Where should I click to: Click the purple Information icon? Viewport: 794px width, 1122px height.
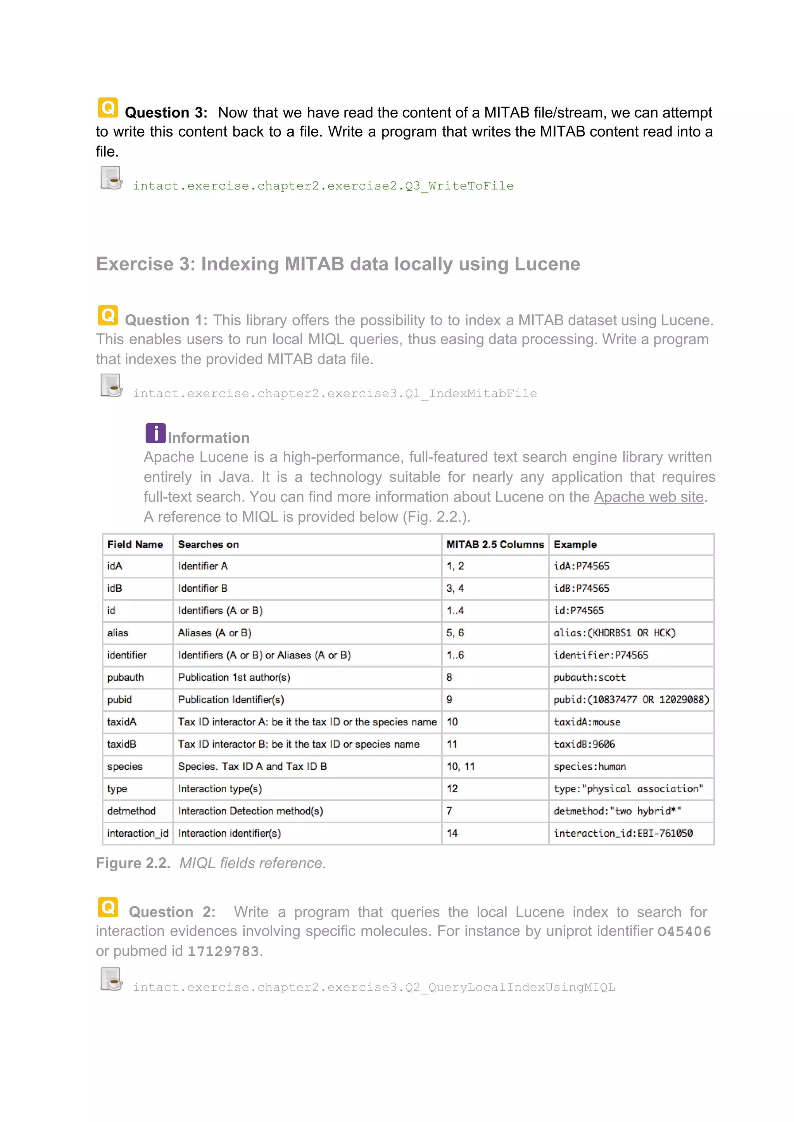tap(155, 433)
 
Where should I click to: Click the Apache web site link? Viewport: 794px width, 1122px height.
tap(648, 497)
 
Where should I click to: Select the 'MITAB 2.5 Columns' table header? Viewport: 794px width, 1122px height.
tap(495, 545)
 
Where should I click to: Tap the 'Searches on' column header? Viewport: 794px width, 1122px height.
tap(208, 545)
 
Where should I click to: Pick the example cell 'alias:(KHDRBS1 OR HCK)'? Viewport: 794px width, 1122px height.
tap(614, 633)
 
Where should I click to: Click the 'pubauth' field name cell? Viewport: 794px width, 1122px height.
tap(126, 677)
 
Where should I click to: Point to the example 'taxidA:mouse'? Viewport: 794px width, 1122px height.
tap(587, 722)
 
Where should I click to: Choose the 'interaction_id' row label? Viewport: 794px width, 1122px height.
tap(137, 833)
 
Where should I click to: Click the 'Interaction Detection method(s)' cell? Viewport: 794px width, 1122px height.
tap(250, 811)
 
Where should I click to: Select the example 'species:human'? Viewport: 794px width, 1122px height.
tap(590, 766)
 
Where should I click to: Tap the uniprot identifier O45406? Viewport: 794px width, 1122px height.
tap(684, 931)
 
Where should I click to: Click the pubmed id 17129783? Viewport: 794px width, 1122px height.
tap(223, 951)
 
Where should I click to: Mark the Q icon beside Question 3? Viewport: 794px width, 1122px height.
tap(107, 107)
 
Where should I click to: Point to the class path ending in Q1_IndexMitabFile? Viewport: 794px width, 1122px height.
tap(335, 394)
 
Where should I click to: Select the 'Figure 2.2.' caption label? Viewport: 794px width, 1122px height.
tap(133, 863)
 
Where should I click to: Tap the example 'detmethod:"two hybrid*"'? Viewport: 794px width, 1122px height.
tap(617, 811)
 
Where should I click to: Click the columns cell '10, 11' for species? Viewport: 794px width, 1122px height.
tap(461, 766)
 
